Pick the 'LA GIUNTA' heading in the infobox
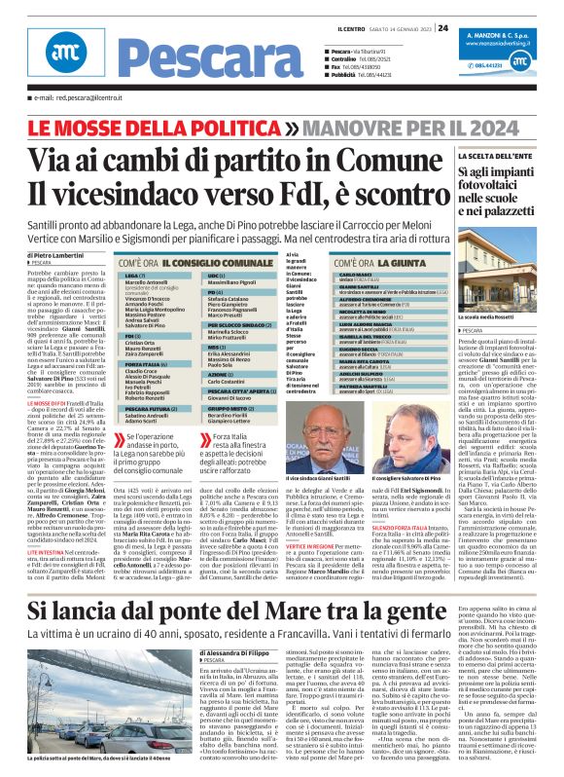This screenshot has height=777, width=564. point(403,263)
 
